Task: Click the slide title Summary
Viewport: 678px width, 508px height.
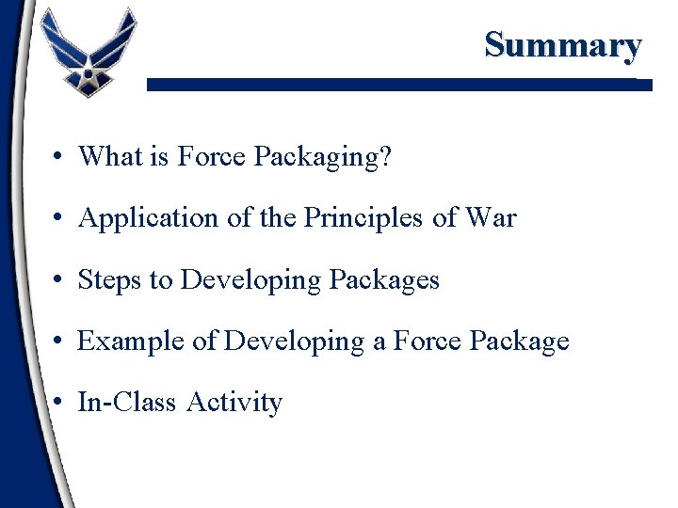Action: point(563,44)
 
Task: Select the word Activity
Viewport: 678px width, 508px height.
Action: point(234,404)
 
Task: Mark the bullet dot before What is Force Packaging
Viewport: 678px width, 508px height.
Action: point(58,157)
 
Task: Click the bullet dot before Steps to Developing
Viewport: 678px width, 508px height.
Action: point(58,280)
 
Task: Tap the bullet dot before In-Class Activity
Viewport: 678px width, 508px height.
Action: point(58,404)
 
